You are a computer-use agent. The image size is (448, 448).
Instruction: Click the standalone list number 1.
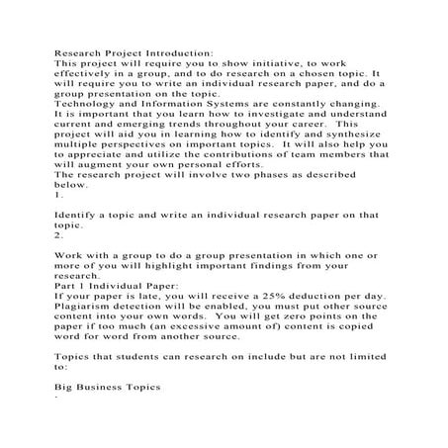coord(57,224)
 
